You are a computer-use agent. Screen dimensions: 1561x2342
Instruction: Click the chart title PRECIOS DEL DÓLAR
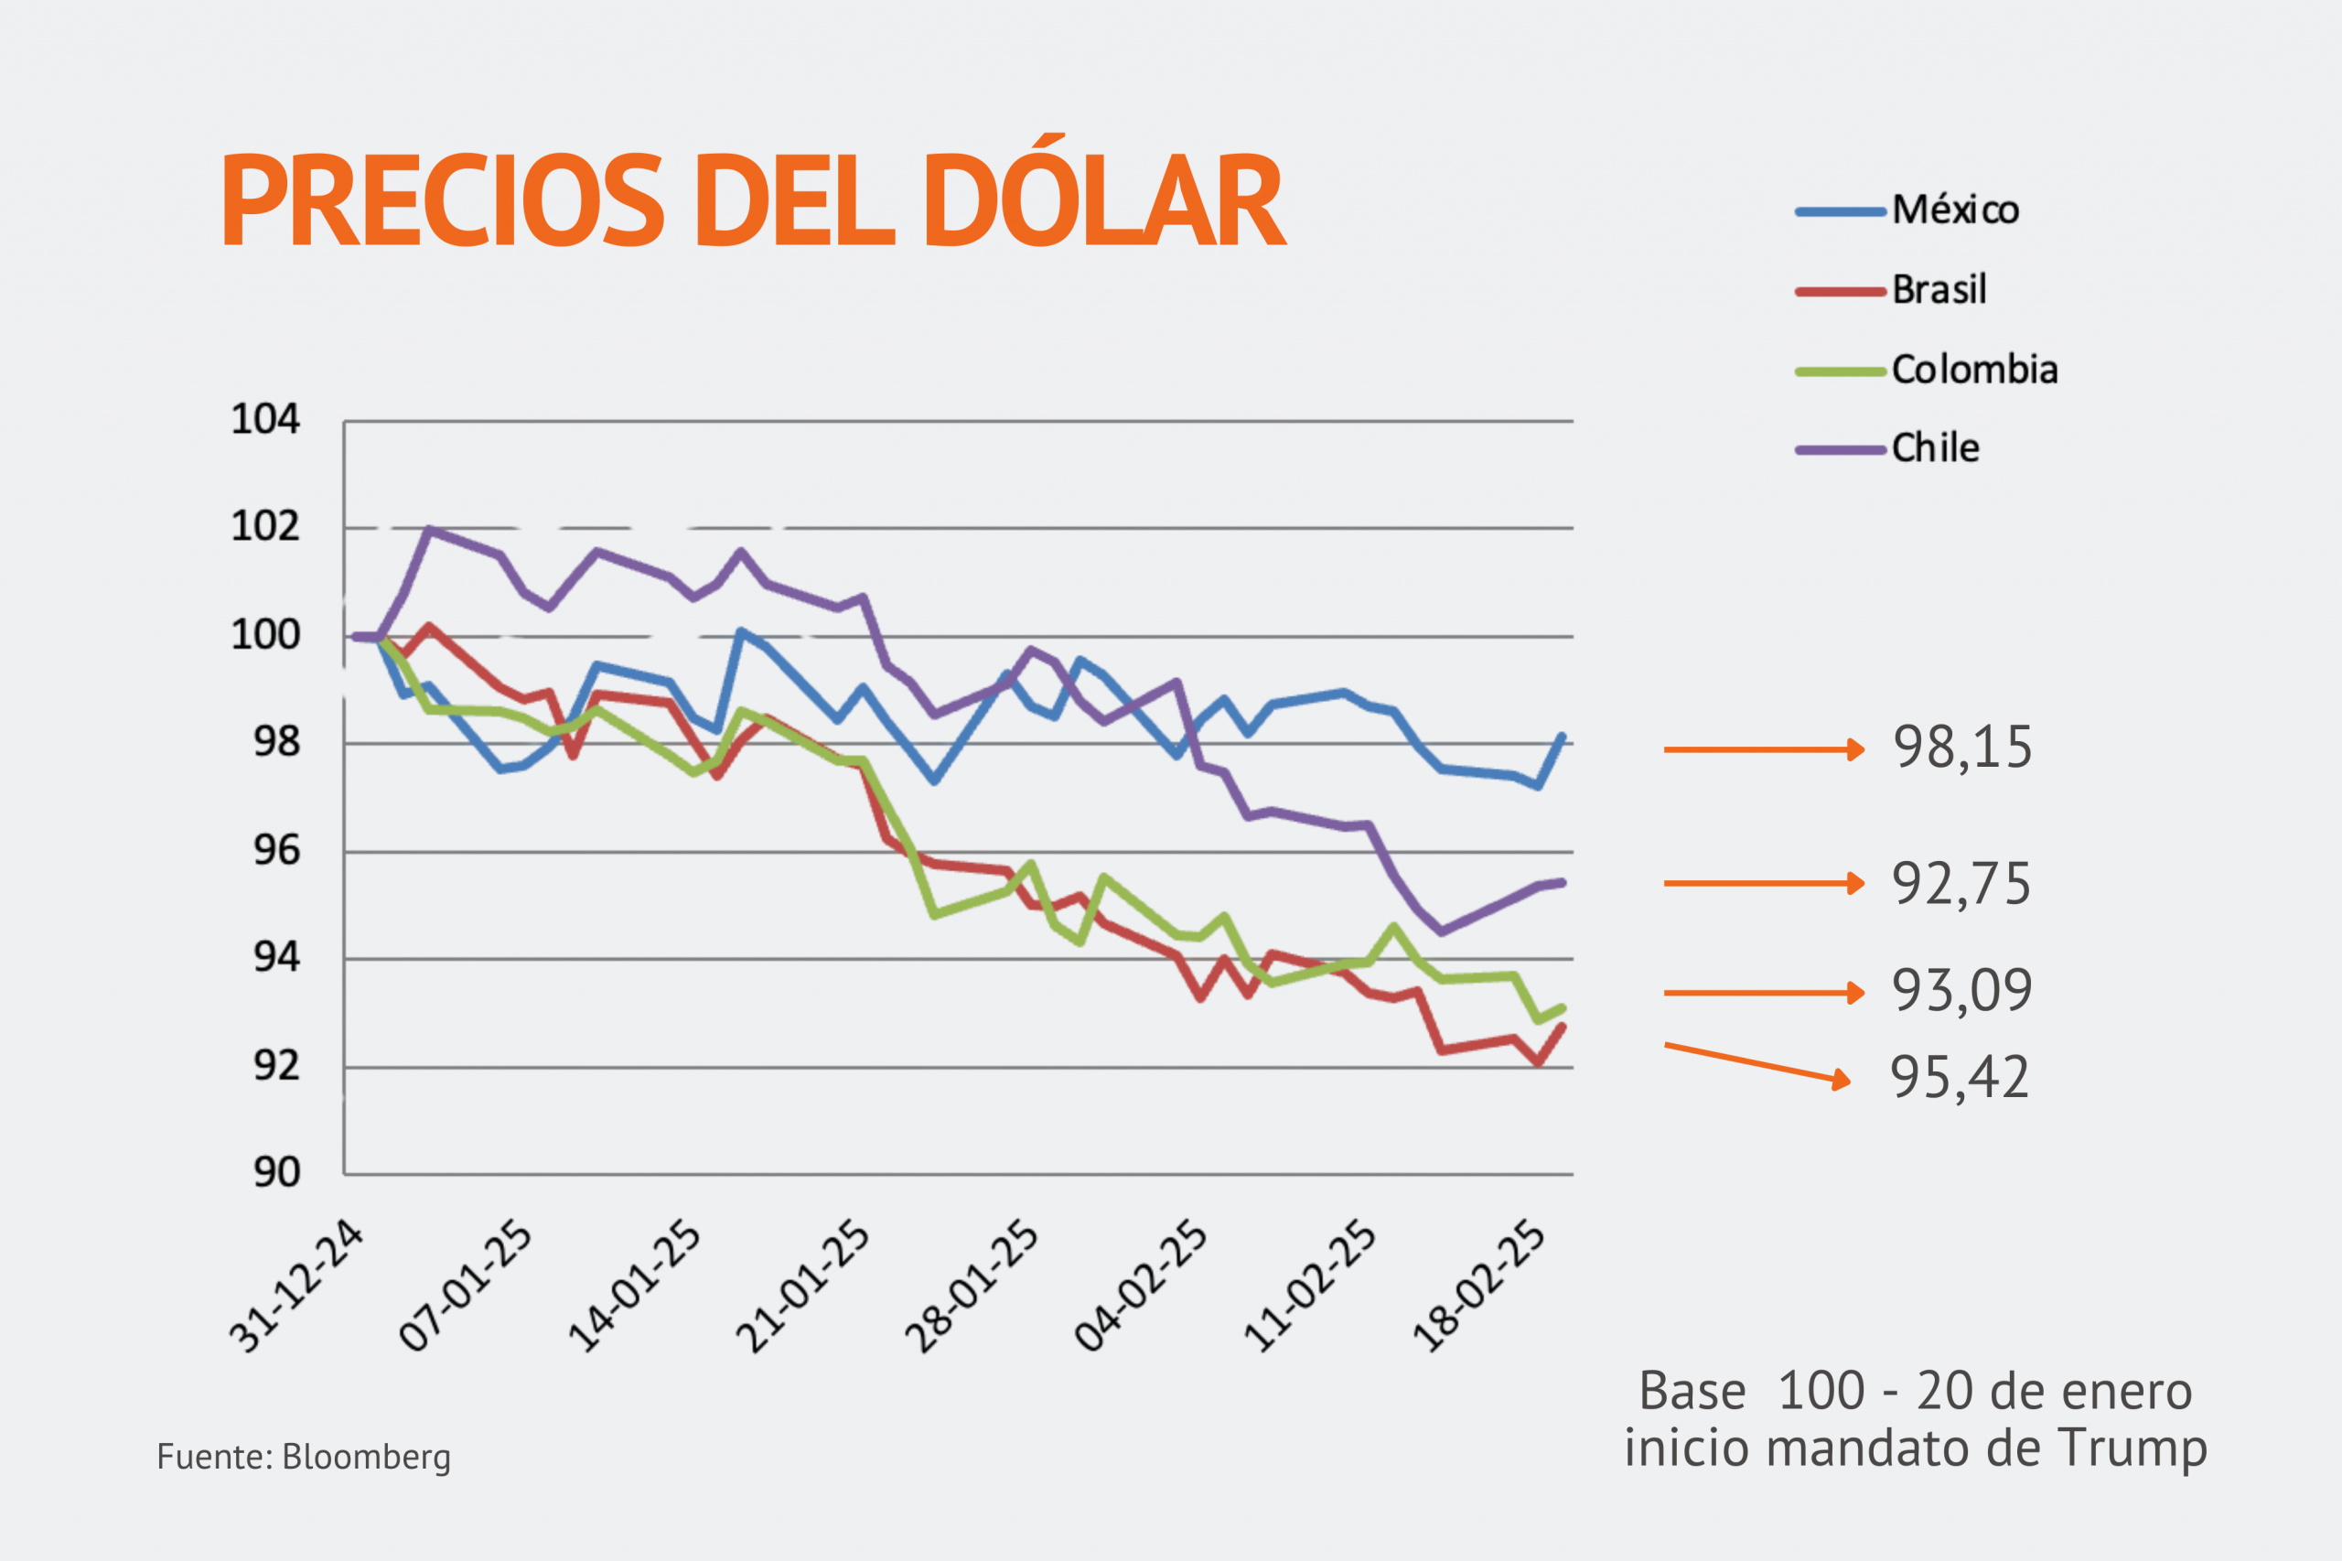pyautogui.click(x=754, y=199)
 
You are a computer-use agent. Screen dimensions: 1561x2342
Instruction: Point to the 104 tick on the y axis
pyautogui.click(x=264, y=419)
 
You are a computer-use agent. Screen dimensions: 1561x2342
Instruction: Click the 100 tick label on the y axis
pyautogui.click(x=264, y=634)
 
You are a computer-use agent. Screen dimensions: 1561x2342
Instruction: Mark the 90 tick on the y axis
pyautogui.click(x=275, y=1173)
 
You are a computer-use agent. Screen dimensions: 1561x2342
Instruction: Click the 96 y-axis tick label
pyautogui.click(x=275, y=850)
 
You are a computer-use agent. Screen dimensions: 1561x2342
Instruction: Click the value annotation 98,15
pyautogui.click(x=1961, y=748)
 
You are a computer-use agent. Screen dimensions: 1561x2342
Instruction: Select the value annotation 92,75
pyautogui.click(x=1961, y=884)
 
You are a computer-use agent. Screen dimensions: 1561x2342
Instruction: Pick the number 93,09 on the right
pyautogui.click(x=1961, y=991)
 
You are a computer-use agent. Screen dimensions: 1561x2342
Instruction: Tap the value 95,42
pyautogui.click(x=1960, y=1077)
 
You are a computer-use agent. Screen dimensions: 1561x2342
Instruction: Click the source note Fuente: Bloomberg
pyautogui.click(x=304, y=1457)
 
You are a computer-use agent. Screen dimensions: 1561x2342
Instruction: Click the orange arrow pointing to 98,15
pyautogui.click(x=1763, y=749)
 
